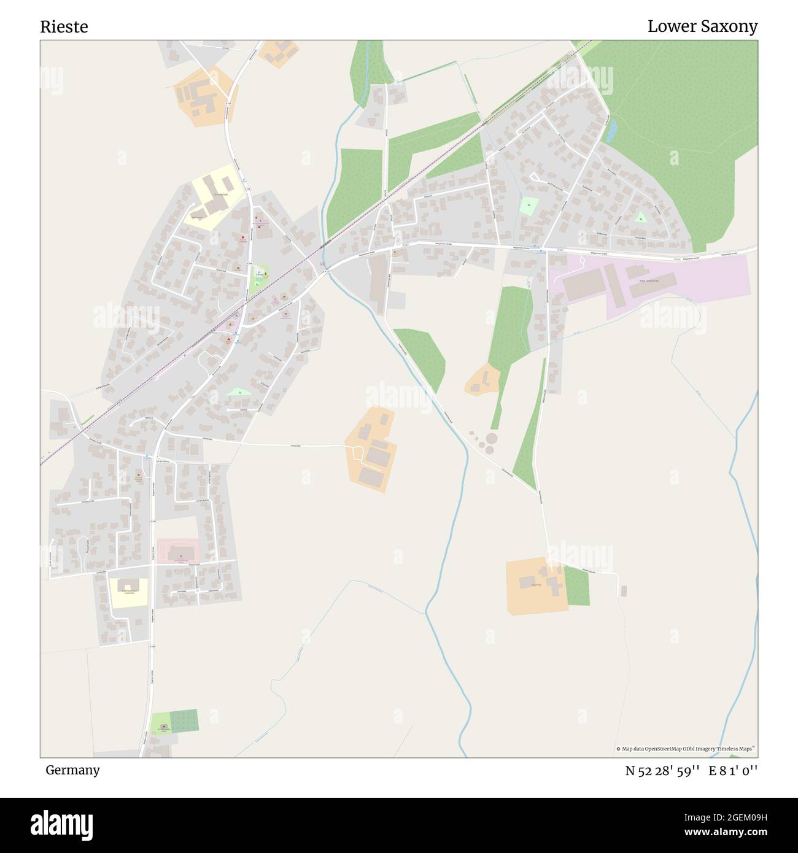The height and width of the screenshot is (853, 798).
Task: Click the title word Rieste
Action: coord(64,27)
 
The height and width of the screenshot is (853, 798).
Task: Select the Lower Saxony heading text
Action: coord(702,26)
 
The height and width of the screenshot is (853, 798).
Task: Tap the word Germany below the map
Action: coord(72,770)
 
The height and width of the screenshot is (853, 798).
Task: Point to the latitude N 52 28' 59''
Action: coord(662,771)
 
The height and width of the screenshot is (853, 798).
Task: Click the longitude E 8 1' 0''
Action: coord(733,771)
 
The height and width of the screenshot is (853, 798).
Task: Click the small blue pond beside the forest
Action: coord(611,131)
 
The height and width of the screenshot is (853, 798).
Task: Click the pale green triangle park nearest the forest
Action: coord(640,217)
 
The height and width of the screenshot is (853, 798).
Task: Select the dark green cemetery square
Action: coord(184,720)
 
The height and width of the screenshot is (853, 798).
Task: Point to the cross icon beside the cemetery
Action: coord(163,727)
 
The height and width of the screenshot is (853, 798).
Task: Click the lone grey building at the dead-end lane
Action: coord(624,590)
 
